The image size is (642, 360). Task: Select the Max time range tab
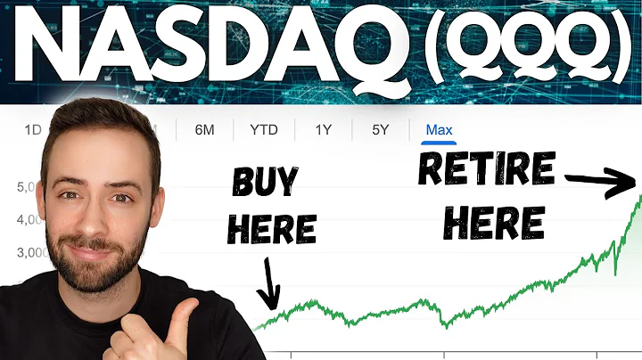(439, 130)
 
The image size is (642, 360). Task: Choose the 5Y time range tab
(381, 130)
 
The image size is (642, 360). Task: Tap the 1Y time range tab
(324, 130)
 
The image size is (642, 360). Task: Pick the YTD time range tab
(263, 130)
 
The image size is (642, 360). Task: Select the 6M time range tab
(205, 130)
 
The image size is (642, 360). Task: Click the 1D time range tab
(33, 130)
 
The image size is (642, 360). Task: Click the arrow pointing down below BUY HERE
(269, 285)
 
